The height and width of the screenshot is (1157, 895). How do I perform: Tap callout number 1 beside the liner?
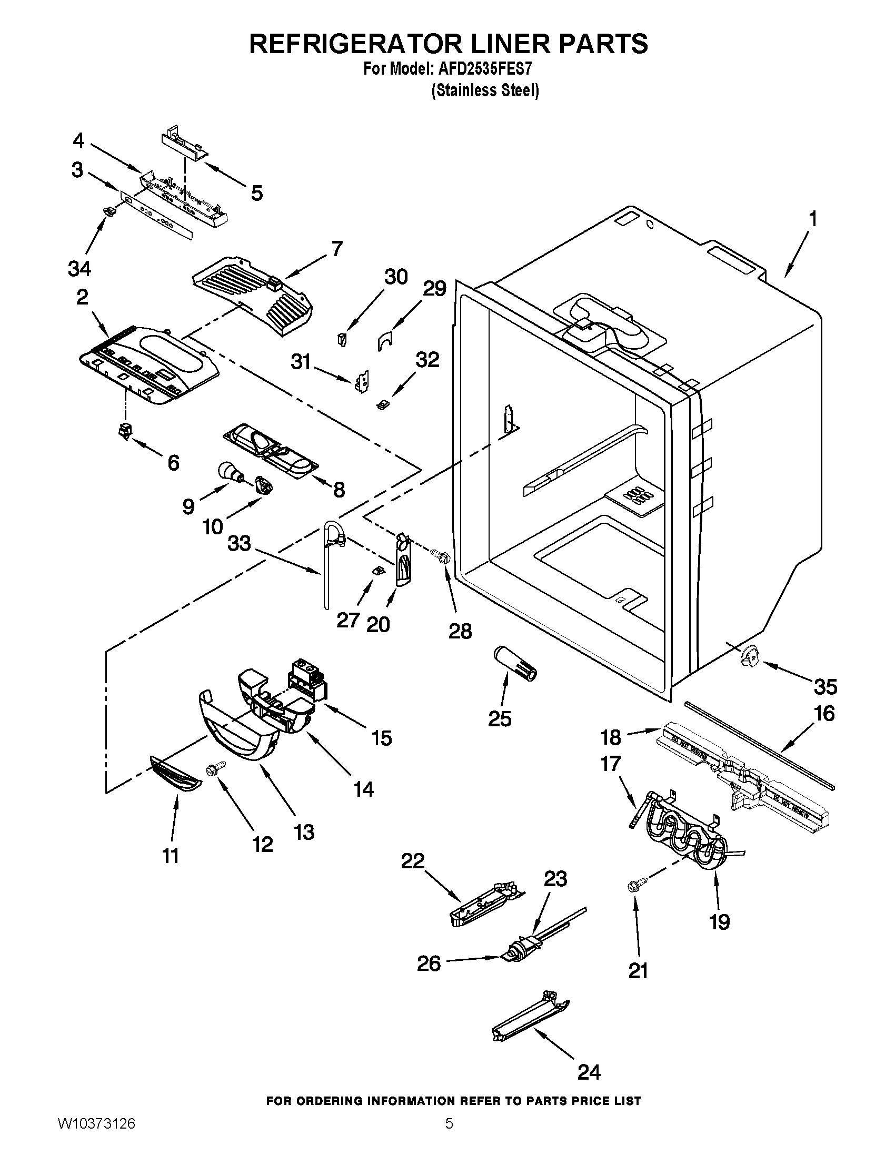812,219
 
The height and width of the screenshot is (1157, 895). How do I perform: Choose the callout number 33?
239,543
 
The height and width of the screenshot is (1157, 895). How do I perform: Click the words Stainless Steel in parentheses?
485,90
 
